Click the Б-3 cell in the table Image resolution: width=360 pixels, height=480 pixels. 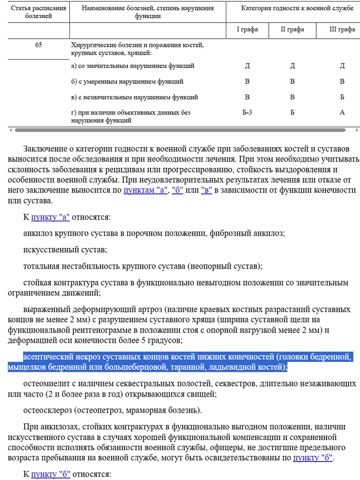(247, 112)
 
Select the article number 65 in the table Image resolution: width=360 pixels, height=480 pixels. (39, 45)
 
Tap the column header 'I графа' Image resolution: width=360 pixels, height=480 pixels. (247, 29)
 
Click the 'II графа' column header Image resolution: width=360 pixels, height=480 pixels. (292, 29)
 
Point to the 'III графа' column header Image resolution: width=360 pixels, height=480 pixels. (341, 29)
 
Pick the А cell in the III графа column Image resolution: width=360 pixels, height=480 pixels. (342, 112)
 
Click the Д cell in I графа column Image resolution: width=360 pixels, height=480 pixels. (247, 66)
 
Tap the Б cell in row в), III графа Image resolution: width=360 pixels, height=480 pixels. (342, 97)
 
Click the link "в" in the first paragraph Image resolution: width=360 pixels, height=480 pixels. (207, 190)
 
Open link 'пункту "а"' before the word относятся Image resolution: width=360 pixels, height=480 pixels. (50, 217)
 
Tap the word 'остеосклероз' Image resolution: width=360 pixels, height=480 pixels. (48, 410)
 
